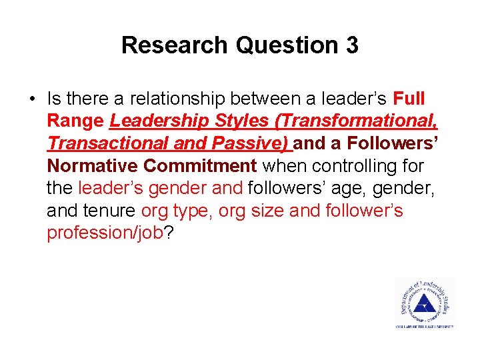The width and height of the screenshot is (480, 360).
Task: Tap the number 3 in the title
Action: click(351, 45)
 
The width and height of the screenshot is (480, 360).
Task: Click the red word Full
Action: click(409, 99)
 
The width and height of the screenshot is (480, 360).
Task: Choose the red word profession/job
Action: click(105, 233)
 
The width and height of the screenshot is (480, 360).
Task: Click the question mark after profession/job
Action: click(168, 233)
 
